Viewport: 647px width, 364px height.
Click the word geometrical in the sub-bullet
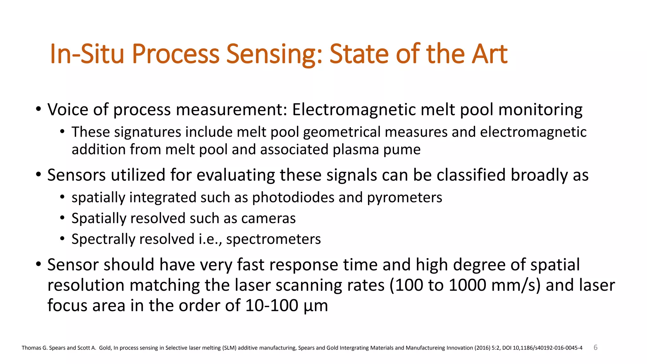tap(342, 132)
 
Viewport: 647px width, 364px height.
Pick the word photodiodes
tap(293, 197)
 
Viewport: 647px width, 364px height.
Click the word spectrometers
tap(273, 240)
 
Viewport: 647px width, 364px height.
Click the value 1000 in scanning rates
tap(467, 285)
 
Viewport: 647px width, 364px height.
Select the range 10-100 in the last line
tap(271, 306)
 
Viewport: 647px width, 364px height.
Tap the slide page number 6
tap(596, 348)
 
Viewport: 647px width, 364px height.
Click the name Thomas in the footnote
tap(31, 348)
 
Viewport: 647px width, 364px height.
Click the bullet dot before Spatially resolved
tap(63, 218)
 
